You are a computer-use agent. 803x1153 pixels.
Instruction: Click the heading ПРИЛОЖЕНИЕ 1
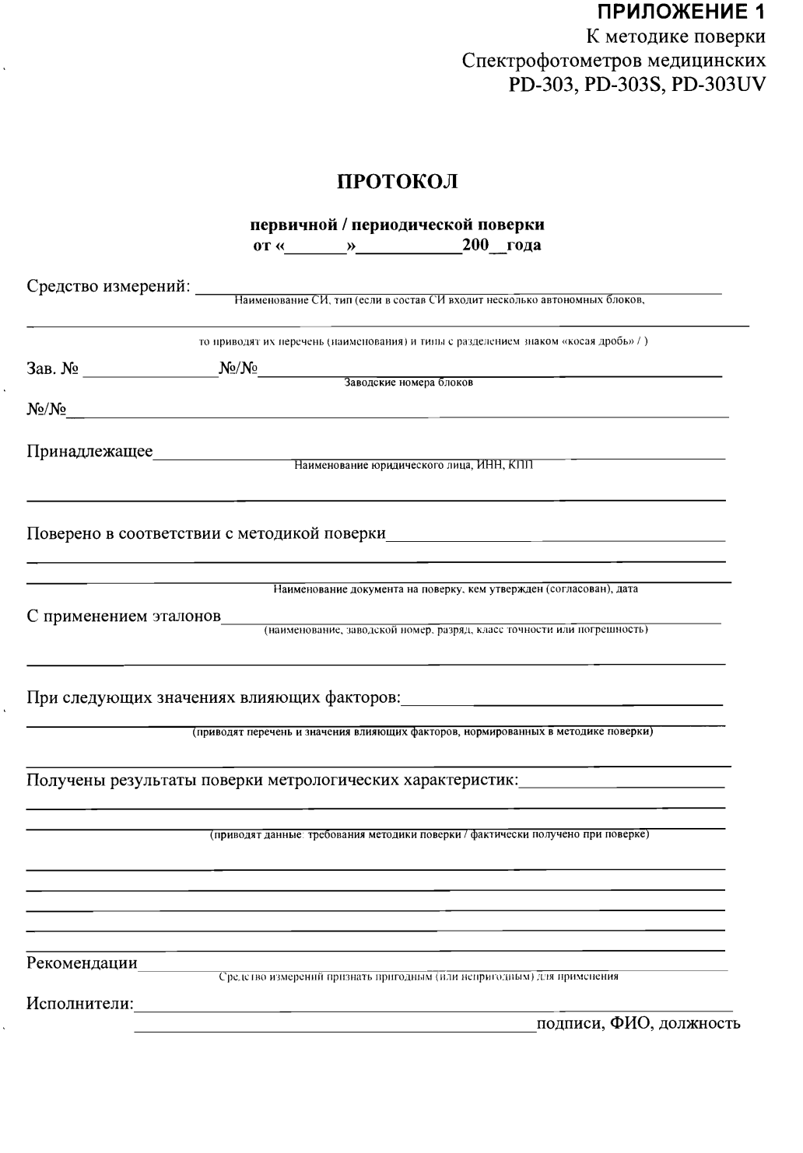(x=680, y=12)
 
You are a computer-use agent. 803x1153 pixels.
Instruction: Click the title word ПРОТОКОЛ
(x=397, y=182)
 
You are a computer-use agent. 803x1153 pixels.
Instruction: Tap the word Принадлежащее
(x=89, y=452)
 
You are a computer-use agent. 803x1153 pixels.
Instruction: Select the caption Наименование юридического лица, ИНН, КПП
(x=413, y=466)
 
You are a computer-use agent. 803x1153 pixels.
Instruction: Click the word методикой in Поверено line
(x=279, y=533)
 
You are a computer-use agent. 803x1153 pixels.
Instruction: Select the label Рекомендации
(x=82, y=963)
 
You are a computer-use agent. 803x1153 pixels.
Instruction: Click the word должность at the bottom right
(x=700, y=1022)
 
